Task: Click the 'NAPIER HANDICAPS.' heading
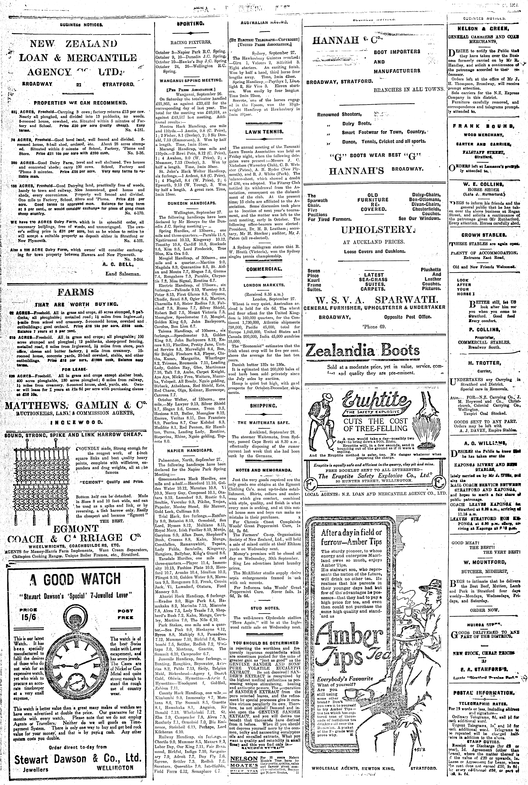pos(190,450)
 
